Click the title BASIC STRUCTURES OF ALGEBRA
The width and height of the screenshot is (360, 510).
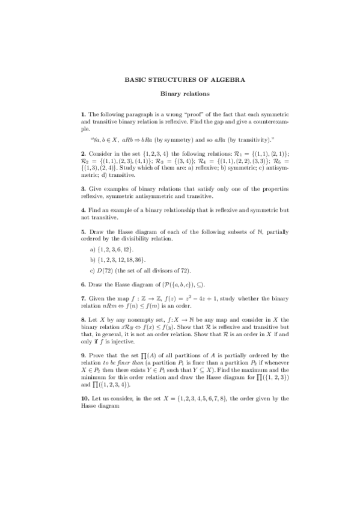click(180, 79)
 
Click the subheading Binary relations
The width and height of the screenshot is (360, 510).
click(180, 94)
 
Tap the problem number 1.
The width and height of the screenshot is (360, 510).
click(82, 114)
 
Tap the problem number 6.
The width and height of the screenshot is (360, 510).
click(82, 284)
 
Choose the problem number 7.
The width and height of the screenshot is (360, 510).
click(82, 298)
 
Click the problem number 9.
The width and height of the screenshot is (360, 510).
click(82, 355)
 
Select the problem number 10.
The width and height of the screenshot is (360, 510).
click(84, 398)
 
